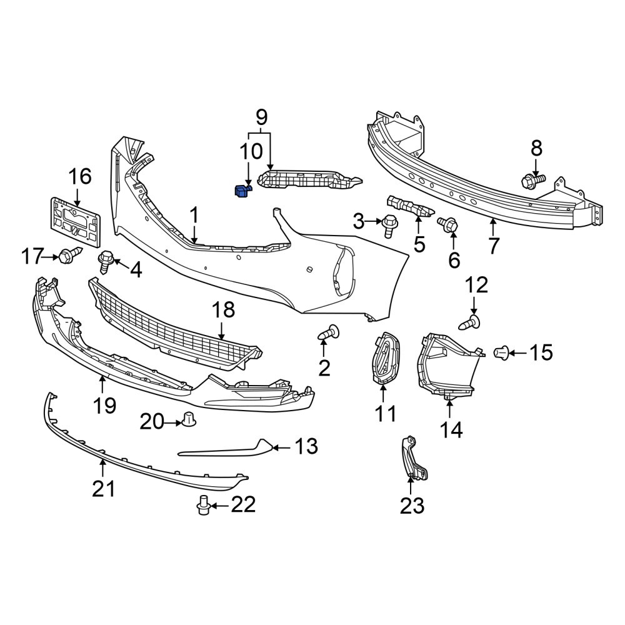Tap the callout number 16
[x=80, y=176]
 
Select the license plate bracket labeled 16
[x=75, y=223]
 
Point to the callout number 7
[x=494, y=246]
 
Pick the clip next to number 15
[x=501, y=353]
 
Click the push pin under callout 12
[x=471, y=322]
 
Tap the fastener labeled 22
[x=204, y=505]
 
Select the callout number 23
[x=412, y=506]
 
